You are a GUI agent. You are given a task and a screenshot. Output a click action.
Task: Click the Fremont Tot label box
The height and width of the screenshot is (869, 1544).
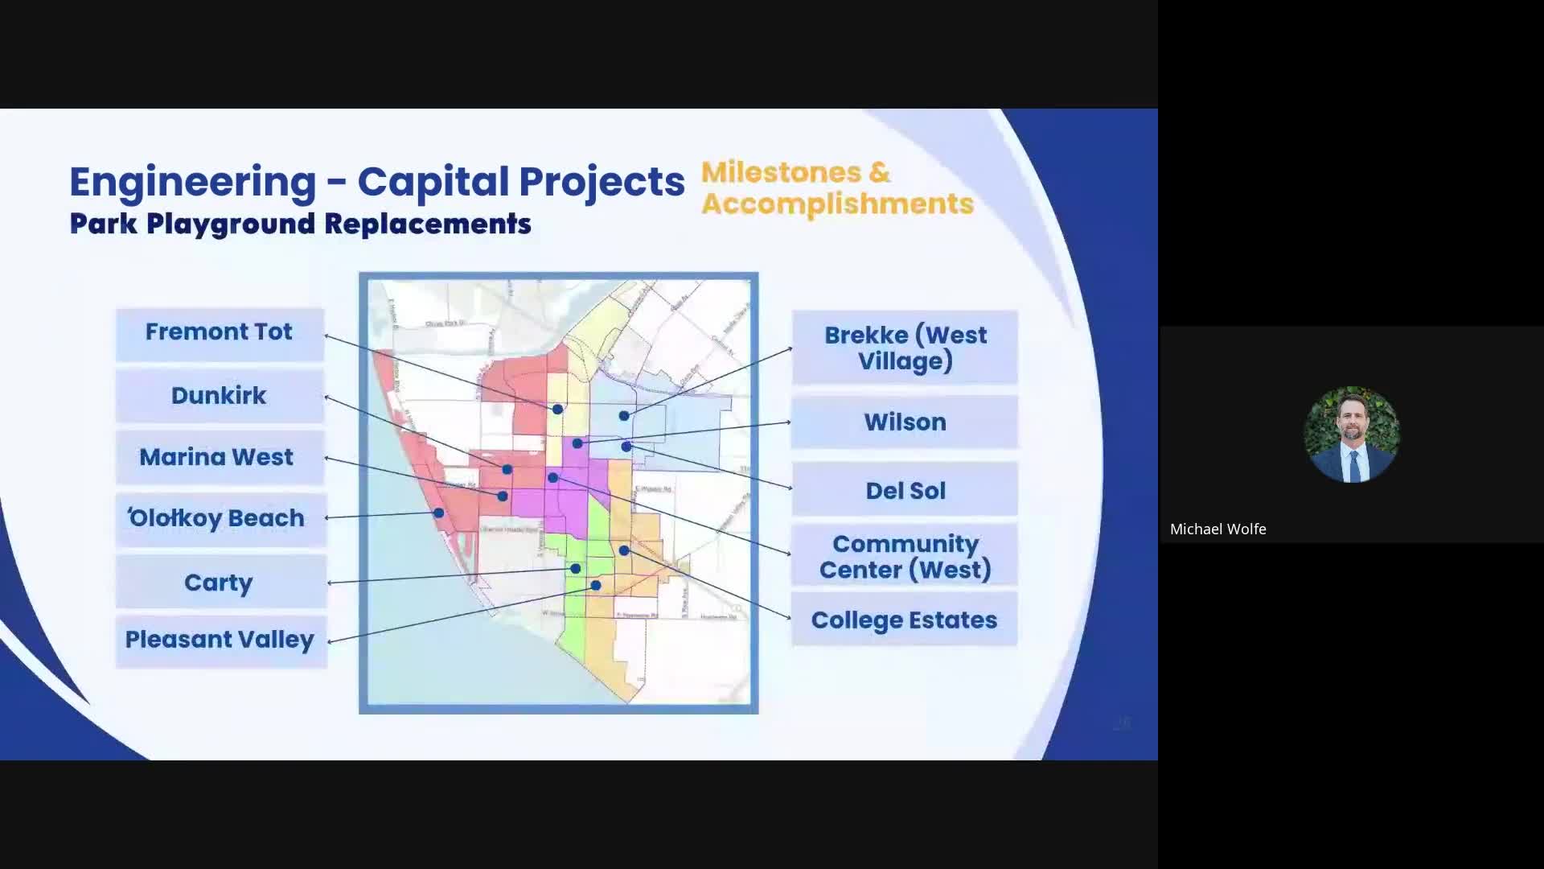point(220,333)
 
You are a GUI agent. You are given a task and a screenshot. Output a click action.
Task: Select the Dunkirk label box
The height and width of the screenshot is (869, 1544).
point(220,396)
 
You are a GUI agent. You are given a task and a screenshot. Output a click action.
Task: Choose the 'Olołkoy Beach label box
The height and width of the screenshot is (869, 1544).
point(220,518)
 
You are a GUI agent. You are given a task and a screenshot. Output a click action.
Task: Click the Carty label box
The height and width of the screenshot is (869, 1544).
point(220,582)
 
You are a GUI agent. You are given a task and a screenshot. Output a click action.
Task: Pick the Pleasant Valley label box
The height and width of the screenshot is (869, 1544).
point(220,640)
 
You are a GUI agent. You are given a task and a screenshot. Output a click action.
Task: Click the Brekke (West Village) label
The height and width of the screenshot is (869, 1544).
point(905,348)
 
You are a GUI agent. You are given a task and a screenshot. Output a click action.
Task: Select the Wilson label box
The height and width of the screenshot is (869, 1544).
point(905,422)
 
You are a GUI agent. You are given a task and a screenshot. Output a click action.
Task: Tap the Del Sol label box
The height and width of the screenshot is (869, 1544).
point(905,490)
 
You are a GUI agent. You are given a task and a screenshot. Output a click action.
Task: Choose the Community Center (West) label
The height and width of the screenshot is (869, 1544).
point(905,557)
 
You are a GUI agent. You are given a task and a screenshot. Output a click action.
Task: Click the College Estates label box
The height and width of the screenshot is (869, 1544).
point(905,620)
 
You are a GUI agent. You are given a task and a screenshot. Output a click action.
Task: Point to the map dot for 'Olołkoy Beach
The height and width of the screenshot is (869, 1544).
point(439,513)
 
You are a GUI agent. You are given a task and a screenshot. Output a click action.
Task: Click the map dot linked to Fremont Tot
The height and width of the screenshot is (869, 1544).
point(557,410)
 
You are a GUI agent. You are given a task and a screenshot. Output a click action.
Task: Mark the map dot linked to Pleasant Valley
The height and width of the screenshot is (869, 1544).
point(596,586)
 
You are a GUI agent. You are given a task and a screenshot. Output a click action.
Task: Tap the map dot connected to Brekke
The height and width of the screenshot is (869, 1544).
point(624,416)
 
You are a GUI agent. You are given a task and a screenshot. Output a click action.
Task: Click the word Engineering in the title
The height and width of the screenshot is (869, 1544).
point(193,182)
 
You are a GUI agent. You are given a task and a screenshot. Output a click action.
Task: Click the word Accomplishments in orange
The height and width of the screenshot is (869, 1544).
point(837,204)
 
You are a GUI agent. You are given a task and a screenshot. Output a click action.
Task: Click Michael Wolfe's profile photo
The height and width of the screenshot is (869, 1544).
point(1351,434)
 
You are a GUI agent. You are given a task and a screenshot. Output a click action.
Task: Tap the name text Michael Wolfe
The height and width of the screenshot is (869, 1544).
point(1218,529)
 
